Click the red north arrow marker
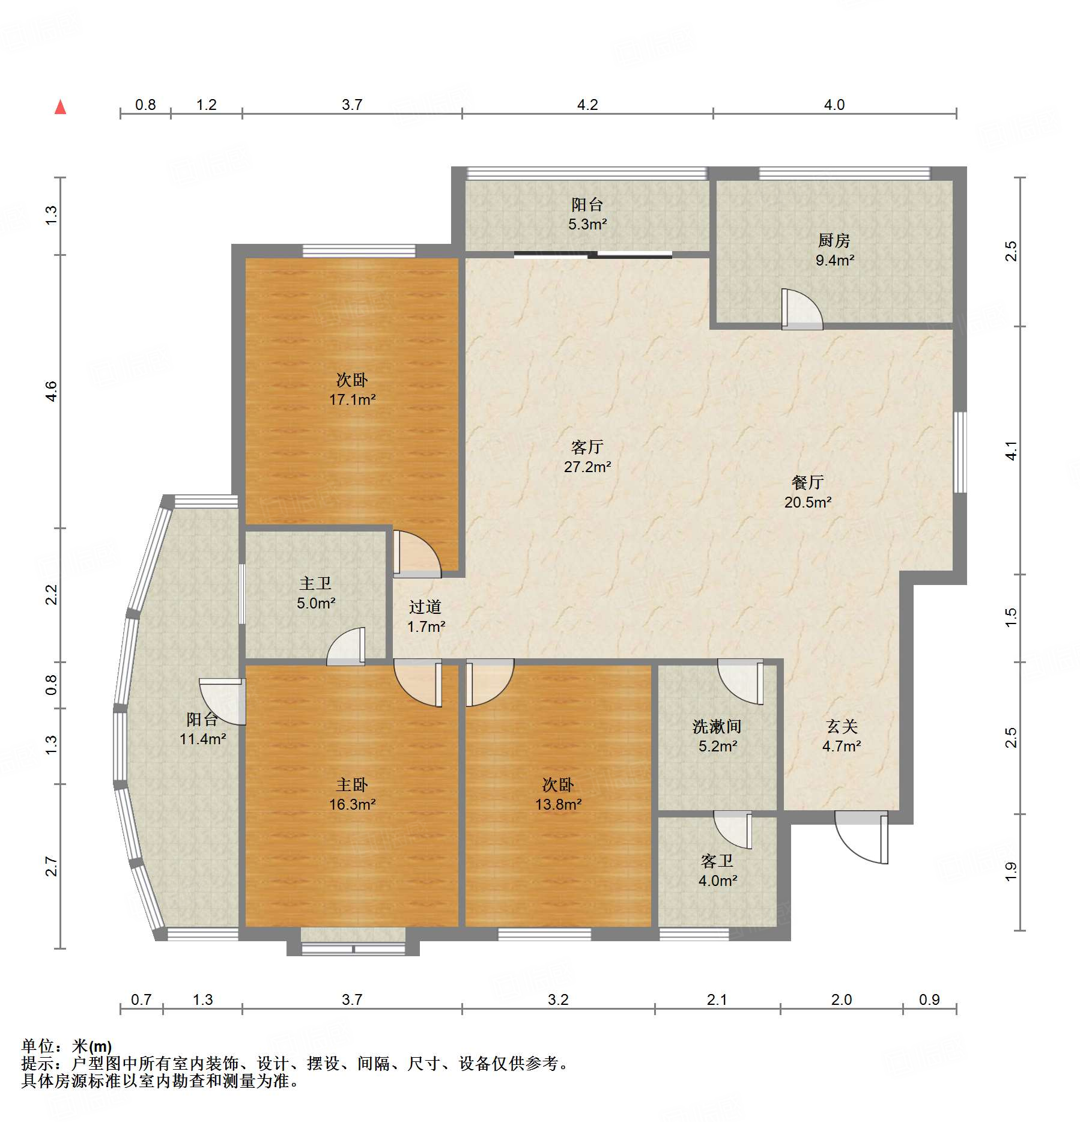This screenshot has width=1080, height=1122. click(60, 107)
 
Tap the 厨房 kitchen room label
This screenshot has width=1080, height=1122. click(834, 241)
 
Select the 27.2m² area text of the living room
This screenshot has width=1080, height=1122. click(587, 467)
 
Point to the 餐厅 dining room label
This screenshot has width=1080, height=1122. click(807, 482)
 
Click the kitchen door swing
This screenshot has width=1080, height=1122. click(802, 309)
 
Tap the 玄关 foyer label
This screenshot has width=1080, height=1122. click(842, 727)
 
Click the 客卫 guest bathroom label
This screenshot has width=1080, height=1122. click(717, 861)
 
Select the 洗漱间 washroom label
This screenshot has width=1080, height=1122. click(717, 727)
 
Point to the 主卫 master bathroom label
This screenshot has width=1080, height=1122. click(315, 583)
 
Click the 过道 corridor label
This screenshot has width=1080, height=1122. click(425, 607)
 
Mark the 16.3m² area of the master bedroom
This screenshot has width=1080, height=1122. click(352, 804)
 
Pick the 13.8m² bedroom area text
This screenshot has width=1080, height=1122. click(558, 804)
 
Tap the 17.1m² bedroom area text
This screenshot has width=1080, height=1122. click(352, 399)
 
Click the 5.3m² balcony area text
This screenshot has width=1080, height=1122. click(587, 224)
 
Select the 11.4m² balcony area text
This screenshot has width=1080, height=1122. click(202, 739)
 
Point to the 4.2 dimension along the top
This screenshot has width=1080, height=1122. click(587, 105)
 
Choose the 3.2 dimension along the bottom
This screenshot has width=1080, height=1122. click(558, 999)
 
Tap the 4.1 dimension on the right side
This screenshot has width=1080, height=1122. click(1012, 450)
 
